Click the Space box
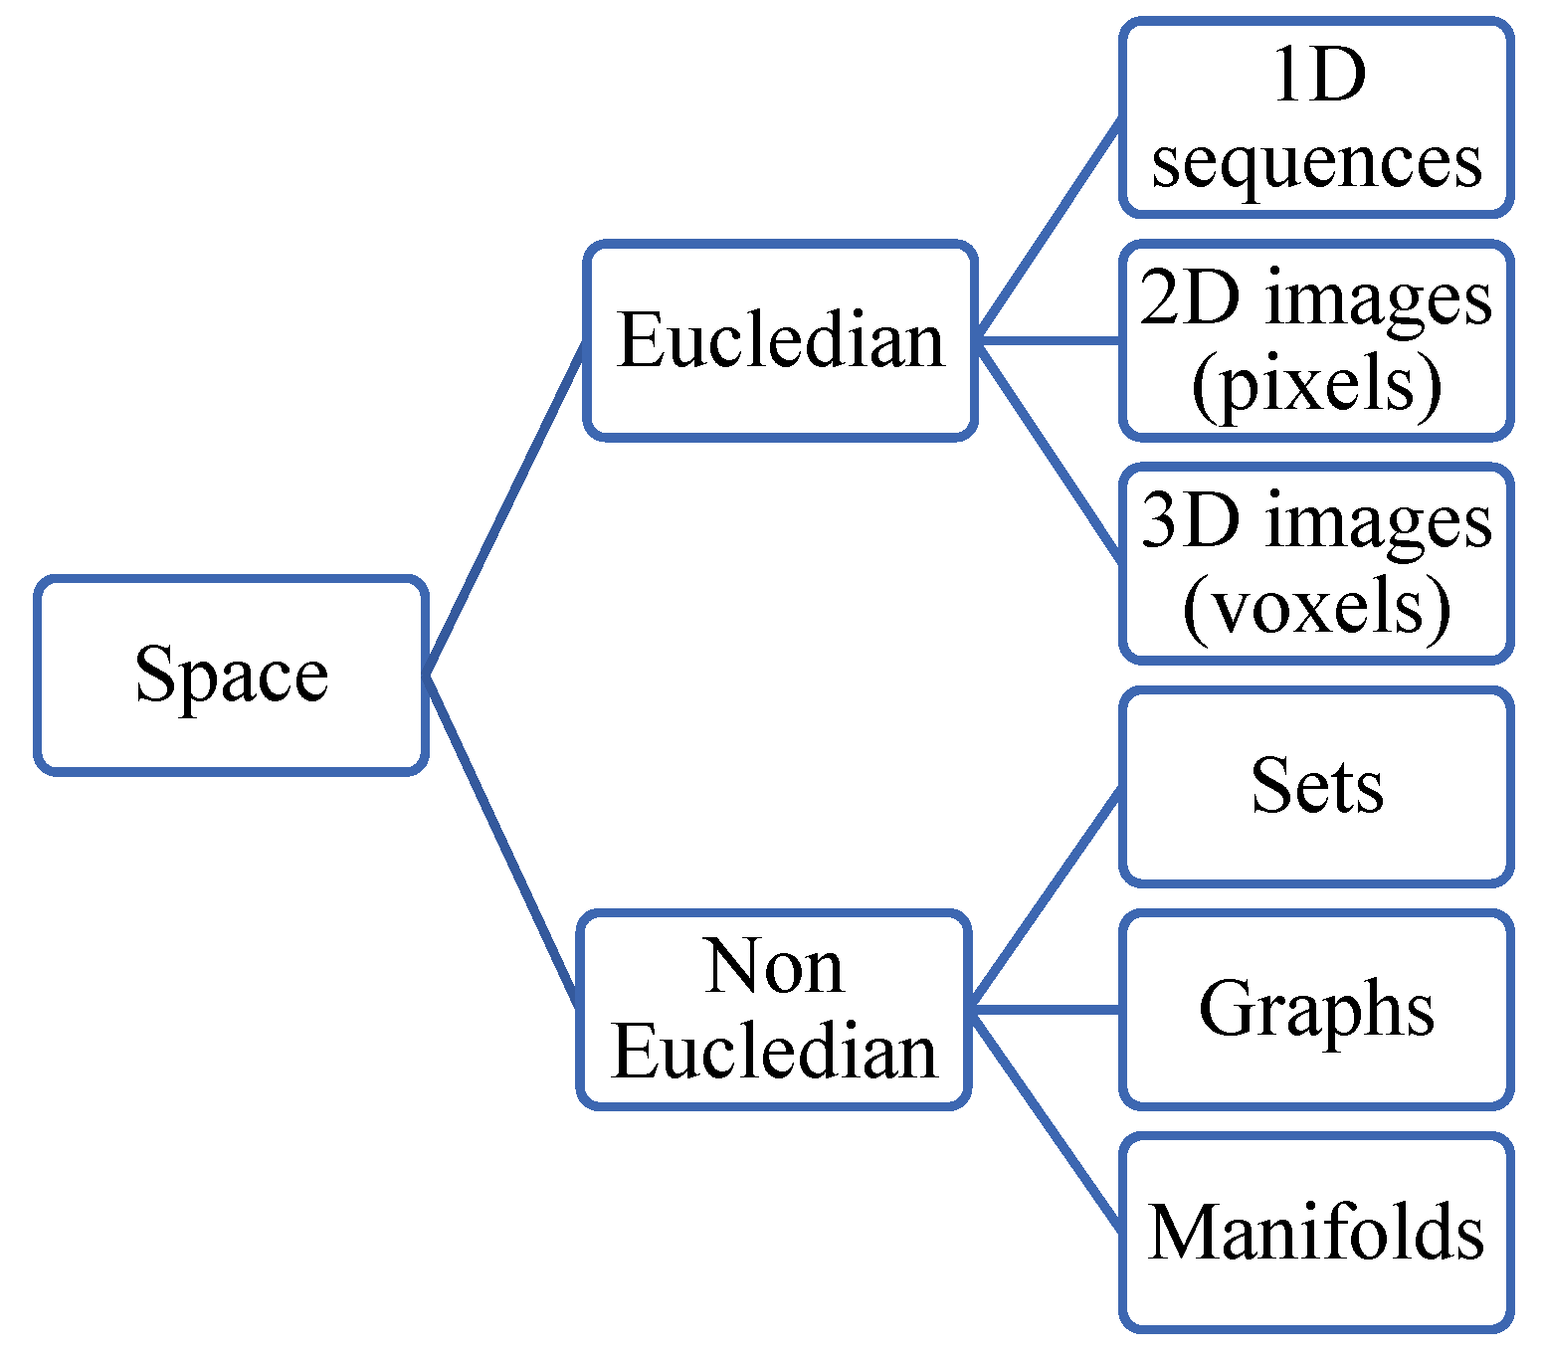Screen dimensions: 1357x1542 231,675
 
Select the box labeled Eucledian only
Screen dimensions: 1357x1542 780,340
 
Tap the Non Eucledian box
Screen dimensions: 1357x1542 774,1009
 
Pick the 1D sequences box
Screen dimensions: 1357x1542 1316,117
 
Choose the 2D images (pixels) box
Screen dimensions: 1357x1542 1316,340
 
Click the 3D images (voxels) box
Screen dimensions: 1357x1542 1316,563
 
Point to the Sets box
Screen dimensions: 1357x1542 1316,786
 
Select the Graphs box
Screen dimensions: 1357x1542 1316,1009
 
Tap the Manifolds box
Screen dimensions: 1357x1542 1316,1232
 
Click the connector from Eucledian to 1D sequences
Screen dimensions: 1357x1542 1049,229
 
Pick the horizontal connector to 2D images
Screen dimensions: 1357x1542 1049,340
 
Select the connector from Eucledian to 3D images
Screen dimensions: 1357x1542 1049,452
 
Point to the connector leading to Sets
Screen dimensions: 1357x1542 1045,897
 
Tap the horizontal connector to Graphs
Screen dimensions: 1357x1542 1045,1009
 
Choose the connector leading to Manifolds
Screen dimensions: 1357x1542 1045,1120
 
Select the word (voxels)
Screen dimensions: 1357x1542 1316,607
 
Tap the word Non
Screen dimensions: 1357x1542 774,967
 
